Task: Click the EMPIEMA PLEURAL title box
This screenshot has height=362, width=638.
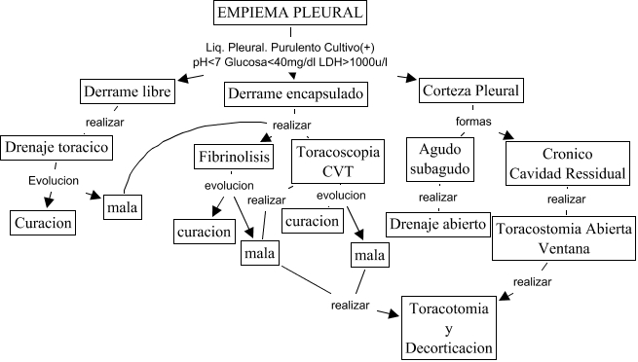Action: (291, 15)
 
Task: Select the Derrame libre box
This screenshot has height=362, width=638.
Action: (127, 92)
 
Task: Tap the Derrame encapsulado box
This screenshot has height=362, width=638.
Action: (297, 93)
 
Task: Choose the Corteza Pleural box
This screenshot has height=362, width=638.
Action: (471, 91)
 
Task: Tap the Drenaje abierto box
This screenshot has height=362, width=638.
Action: (437, 224)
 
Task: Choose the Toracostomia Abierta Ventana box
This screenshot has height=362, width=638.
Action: (564, 238)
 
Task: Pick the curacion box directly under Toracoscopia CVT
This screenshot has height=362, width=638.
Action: (313, 220)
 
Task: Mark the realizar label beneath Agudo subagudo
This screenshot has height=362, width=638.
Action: (437, 197)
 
